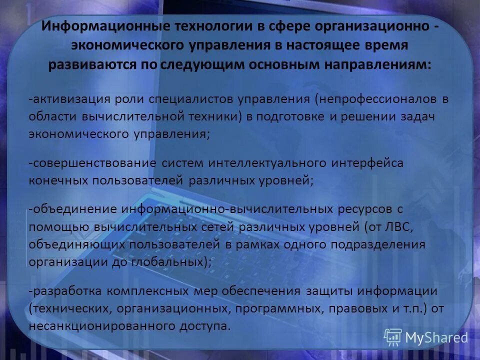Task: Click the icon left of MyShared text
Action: (393, 337)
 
